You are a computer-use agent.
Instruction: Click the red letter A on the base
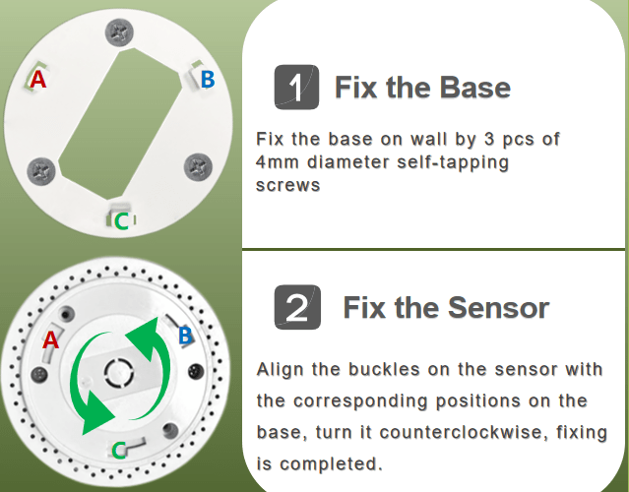click(x=37, y=80)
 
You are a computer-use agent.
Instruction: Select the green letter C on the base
click(x=121, y=221)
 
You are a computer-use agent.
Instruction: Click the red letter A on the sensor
click(x=50, y=339)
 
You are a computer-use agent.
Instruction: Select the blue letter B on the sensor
click(x=185, y=337)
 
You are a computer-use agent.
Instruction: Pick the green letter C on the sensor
click(x=117, y=450)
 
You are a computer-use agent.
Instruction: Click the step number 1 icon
click(x=296, y=88)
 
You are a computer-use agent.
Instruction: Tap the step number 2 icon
click(x=296, y=308)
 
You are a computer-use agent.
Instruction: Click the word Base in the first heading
click(x=475, y=88)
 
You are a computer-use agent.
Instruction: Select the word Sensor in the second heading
click(x=501, y=308)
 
